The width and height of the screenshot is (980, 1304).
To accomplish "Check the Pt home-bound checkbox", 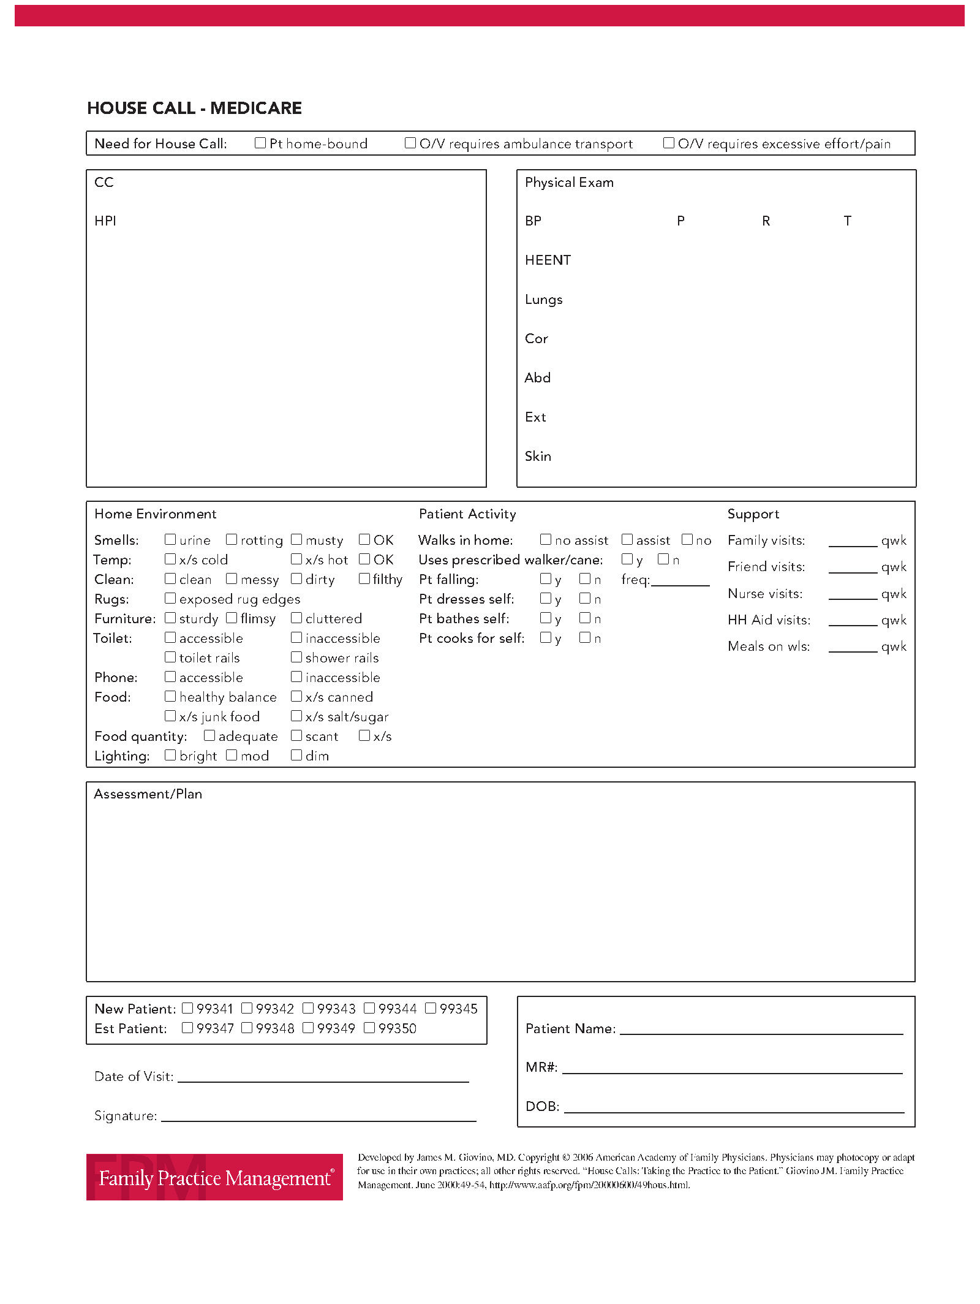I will (260, 143).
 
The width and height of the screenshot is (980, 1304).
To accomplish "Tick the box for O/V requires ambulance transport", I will (410, 143).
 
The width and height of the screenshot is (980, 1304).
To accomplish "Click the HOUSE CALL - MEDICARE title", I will (194, 108).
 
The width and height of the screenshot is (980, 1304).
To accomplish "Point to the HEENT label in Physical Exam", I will (548, 260).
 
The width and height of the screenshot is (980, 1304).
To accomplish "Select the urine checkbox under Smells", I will (170, 539).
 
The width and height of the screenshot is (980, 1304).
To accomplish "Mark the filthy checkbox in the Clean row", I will (364, 578).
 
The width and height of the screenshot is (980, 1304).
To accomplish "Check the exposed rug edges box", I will (170, 598).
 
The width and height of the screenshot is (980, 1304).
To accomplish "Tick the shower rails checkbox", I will (296, 657).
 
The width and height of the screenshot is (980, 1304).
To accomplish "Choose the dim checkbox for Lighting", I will (296, 755).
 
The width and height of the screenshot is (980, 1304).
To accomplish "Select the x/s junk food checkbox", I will (170, 716).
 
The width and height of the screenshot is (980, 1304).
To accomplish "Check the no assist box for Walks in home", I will (546, 539).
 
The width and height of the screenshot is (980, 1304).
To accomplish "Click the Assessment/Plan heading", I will (148, 794).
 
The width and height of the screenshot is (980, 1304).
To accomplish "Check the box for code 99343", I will (308, 1008).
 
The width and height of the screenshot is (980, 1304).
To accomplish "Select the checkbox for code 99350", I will (369, 1028).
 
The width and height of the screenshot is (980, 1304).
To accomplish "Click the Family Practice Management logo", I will (214, 1177).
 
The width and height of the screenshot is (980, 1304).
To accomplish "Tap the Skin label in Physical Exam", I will (538, 457).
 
